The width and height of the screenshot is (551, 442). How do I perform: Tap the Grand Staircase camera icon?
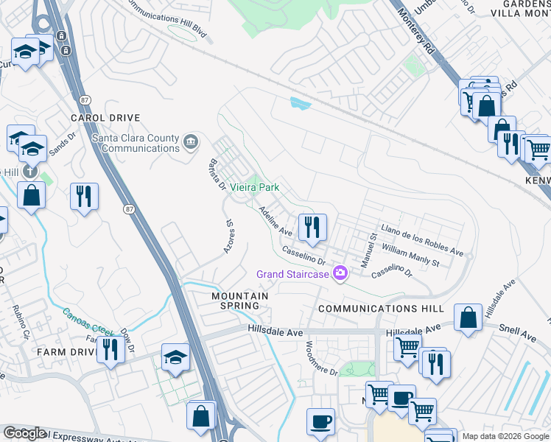point(340,274)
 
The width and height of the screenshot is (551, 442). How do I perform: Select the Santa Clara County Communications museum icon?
point(190,141)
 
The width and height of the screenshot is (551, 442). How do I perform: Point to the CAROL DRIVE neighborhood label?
point(105,118)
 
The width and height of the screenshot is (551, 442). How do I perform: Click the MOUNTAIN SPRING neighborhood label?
point(240,301)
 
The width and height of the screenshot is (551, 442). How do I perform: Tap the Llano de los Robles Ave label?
point(421,241)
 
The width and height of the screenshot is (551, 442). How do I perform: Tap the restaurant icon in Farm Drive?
point(110,348)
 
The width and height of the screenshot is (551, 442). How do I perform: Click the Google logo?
point(24,434)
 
